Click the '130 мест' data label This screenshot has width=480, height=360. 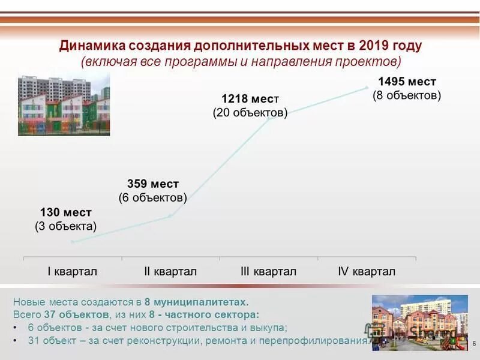[66, 212]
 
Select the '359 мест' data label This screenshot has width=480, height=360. [153, 184]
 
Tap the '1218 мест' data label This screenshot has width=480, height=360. [250, 98]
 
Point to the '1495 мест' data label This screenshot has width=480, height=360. [406, 82]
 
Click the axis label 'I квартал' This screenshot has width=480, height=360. [72, 271]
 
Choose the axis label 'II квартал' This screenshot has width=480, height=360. [170, 271]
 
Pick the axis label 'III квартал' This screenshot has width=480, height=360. [268, 271]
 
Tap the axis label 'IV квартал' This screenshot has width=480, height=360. [367, 271]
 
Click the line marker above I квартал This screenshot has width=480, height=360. [73, 242]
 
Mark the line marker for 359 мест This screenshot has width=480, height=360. [170, 216]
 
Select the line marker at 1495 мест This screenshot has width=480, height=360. [367, 88]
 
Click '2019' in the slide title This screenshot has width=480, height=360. [376, 46]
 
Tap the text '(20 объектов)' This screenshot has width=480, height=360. [250, 113]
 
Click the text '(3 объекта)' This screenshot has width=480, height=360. [65, 226]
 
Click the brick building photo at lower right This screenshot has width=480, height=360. [419, 322]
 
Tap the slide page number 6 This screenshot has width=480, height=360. [474, 343]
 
